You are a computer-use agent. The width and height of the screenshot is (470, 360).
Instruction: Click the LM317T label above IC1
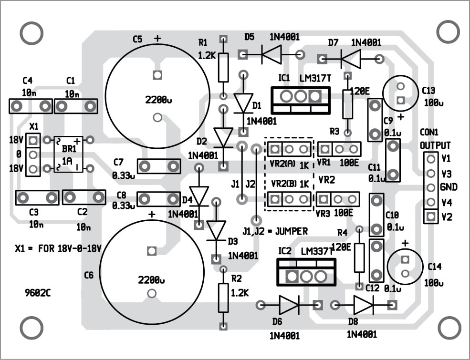click(x=315, y=78)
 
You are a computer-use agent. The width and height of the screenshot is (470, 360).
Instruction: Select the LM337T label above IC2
click(x=318, y=251)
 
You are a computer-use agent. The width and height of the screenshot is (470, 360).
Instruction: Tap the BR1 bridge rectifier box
click(x=68, y=154)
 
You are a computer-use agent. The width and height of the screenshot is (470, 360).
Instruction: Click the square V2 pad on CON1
click(x=431, y=217)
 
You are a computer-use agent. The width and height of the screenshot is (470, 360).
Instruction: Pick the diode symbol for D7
click(x=351, y=59)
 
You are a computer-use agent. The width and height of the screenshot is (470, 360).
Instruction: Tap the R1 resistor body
click(x=223, y=67)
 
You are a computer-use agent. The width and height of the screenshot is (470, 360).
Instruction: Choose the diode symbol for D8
click(x=364, y=304)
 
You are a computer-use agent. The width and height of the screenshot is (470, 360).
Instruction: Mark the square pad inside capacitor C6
click(x=152, y=251)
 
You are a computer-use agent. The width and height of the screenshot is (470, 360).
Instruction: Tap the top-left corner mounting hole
click(x=31, y=33)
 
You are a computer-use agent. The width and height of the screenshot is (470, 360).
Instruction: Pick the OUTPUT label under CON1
click(x=435, y=145)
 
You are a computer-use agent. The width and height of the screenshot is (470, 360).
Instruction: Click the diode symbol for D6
click(x=289, y=305)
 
